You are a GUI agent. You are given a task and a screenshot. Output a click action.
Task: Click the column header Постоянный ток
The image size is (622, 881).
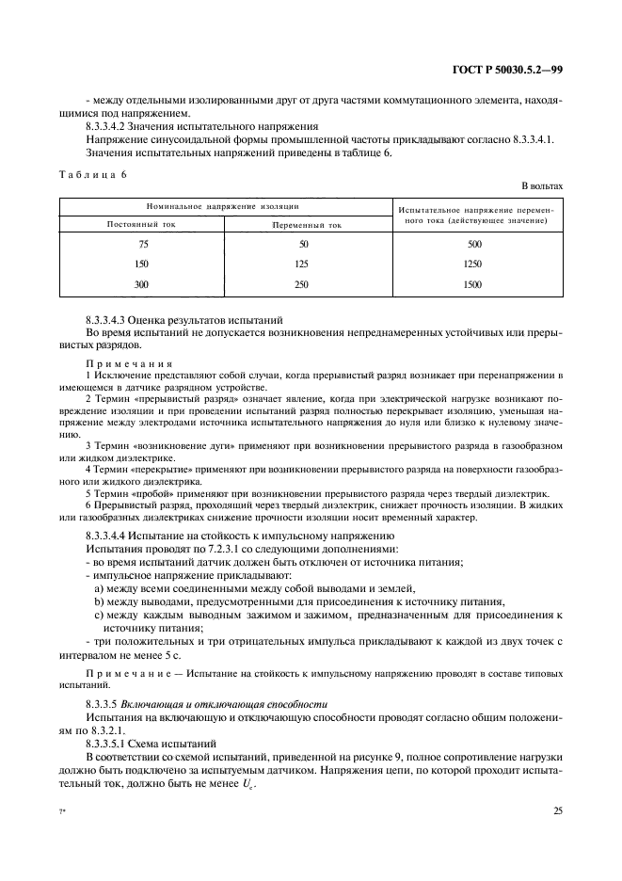(143, 225)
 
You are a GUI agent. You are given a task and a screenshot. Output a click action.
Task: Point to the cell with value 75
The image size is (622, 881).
(143, 245)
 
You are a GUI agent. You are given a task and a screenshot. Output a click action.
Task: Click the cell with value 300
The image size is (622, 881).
(143, 284)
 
